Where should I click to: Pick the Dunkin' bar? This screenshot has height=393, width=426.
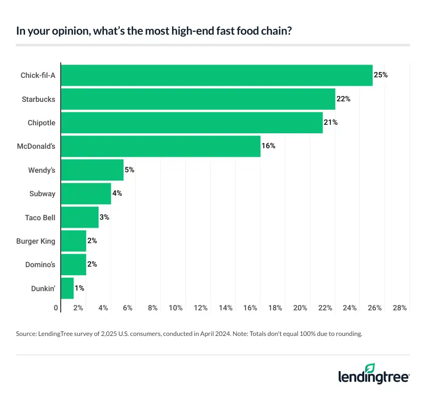click(x=68, y=288)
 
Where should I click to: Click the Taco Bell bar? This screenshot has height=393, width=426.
click(x=80, y=217)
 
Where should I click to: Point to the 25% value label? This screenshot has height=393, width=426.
click(x=381, y=75)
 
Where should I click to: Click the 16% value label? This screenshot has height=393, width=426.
click(x=268, y=146)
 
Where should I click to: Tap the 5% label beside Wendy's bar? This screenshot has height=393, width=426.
click(x=129, y=170)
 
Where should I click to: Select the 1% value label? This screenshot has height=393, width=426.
click(x=79, y=288)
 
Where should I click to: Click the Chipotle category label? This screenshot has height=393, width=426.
click(x=42, y=123)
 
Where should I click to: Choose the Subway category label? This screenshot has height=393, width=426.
click(x=42, y=194)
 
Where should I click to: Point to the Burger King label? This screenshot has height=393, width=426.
click(x=36, y=241)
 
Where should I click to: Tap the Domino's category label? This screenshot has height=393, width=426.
click(x=39, y=264)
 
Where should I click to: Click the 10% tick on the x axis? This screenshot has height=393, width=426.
click(x=176, y=308)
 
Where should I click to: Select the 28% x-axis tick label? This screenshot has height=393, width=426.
click(x=400, y=308)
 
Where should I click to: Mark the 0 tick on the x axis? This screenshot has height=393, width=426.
click(x=56, y=308)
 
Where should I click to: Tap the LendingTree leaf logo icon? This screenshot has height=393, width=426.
click(x=371, y=368)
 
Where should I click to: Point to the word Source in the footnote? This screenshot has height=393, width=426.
click(x=27, y=334)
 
